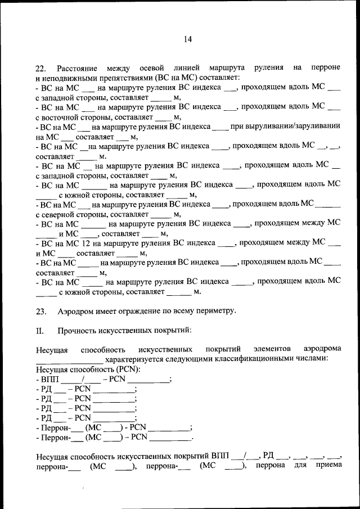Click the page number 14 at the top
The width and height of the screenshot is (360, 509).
pyautogui.click(x=187, y=39)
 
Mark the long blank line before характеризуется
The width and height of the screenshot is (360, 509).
pyautogui.click(x=69, y=361)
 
